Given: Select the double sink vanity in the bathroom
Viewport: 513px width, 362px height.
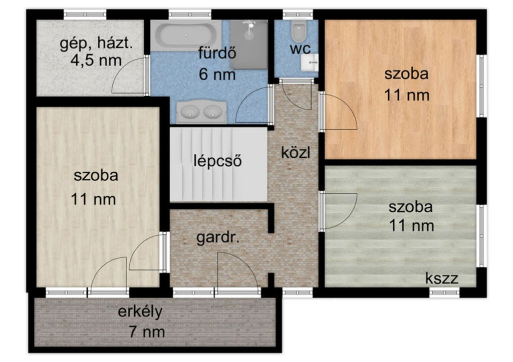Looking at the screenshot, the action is [201, 112].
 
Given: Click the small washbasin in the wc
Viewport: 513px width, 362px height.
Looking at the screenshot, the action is [309, 63].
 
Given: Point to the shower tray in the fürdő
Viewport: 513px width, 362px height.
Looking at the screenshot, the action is [248, 44].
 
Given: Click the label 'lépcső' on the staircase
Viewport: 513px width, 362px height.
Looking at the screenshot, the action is [217, 161].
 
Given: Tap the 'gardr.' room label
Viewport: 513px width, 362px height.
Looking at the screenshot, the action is [218, 238].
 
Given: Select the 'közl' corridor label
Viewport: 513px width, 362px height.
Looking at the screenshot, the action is [296, 152].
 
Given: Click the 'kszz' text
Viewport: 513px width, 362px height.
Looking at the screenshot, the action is [442, 278].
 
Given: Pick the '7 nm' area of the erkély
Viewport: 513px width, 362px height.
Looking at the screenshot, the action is [147, 332].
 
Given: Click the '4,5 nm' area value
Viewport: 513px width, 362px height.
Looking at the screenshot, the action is [96, 60].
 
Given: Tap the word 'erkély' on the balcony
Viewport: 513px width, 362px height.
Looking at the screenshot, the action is [140, 311].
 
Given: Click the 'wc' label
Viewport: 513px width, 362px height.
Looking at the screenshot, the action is [300, 49].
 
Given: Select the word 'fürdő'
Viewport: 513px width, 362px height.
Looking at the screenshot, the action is [217, 53].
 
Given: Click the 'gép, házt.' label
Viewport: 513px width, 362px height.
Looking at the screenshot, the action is [96, 44].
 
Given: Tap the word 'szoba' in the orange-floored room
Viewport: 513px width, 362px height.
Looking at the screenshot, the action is [406, 74].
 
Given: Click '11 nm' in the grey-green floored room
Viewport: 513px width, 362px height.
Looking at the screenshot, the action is [412, 226].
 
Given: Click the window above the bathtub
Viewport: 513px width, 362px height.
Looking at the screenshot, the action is [190, 15].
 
